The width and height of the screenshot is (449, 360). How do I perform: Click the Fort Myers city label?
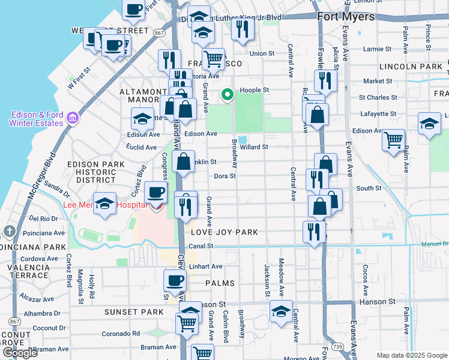346,17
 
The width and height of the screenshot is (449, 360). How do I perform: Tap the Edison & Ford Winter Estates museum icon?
73,118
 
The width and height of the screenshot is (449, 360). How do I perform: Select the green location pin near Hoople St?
228,94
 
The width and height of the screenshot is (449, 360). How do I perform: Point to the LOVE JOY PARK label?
224,232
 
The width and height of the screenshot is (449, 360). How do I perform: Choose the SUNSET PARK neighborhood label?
134,312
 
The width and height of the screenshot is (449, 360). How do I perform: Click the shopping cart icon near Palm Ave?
393,141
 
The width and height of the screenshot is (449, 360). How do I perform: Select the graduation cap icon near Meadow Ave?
281,311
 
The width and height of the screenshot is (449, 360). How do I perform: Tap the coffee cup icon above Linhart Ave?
175,280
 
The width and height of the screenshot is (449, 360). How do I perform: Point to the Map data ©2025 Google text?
412,355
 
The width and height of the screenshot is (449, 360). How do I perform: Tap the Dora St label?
225,176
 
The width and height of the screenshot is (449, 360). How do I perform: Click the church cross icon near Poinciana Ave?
9,231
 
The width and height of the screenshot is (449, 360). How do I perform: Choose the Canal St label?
202,246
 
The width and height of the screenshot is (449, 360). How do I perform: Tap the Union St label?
262,53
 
